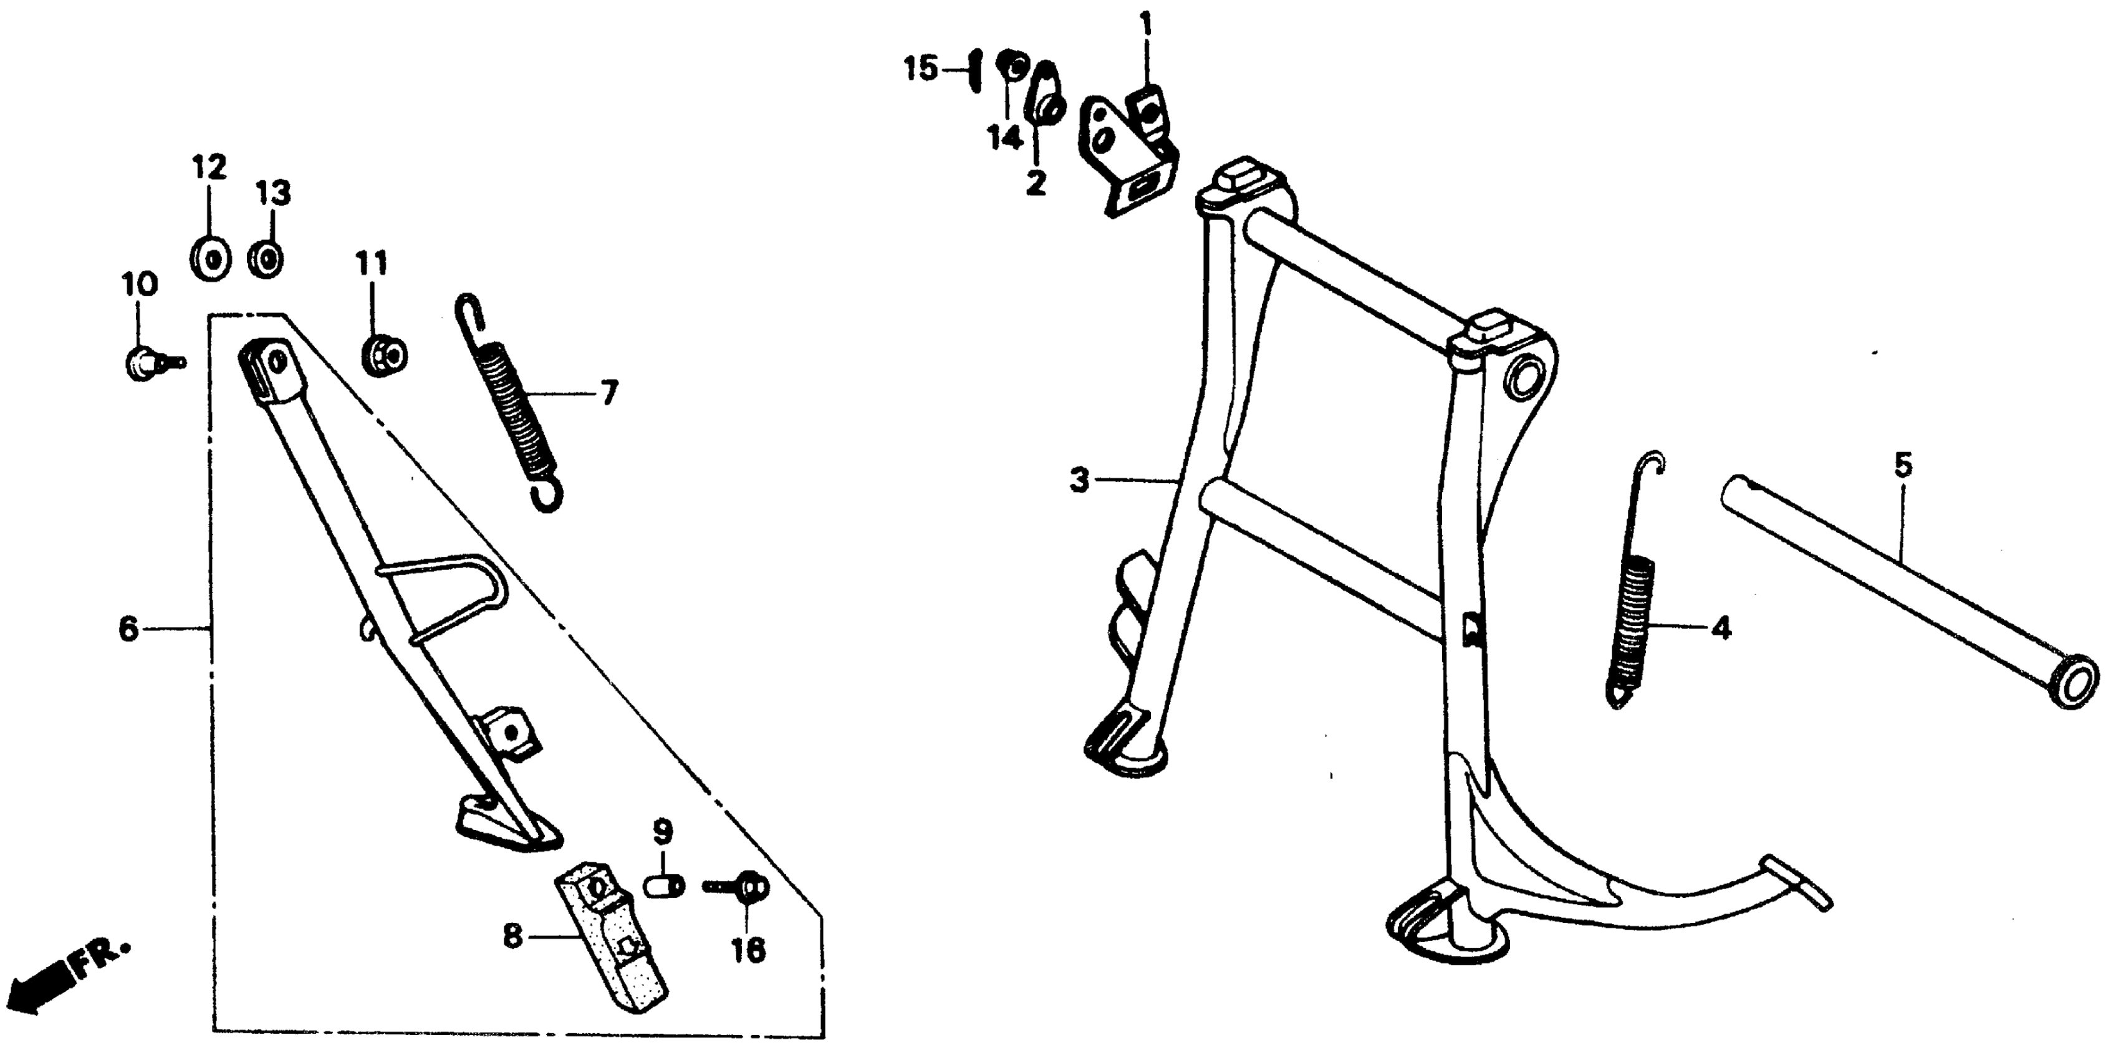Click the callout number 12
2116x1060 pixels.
(x=209, y=168)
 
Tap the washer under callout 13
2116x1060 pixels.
(x=266, y=261)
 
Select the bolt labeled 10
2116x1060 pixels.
(x=145, y=361)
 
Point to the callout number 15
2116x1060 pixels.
(x=921, y=69)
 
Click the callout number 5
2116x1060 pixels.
(x=1902, y=466)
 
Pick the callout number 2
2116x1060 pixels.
(x=1036, y=183)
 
